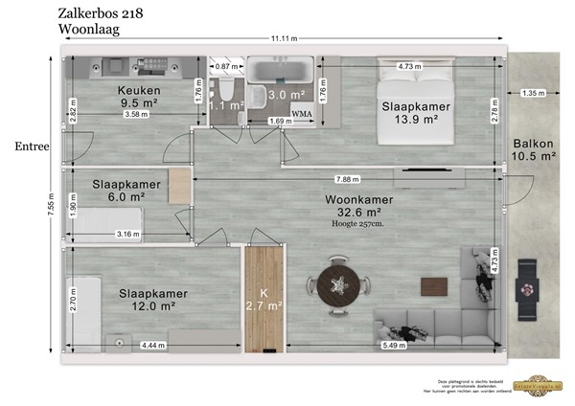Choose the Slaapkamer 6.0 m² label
point(119,190)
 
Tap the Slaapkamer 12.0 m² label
point(154,300)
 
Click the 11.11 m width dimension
point(284,38)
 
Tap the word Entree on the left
point(32,147)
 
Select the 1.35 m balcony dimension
point(534,94)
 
